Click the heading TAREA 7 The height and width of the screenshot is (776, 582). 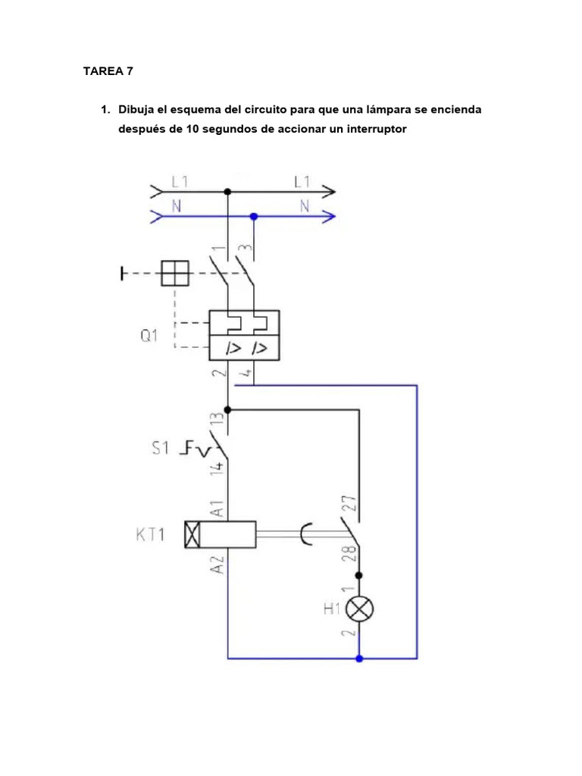[x=108, y=72]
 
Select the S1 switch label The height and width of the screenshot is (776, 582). [x=160, y=449]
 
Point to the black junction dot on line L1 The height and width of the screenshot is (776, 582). [x=227, y=192]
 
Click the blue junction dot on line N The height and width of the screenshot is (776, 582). [x=254, y=216]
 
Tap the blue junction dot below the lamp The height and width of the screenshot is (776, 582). [x=359, y=659]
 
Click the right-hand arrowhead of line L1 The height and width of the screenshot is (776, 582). [x=330, y=192]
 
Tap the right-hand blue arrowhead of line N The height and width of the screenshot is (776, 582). [x=330, y=216]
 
